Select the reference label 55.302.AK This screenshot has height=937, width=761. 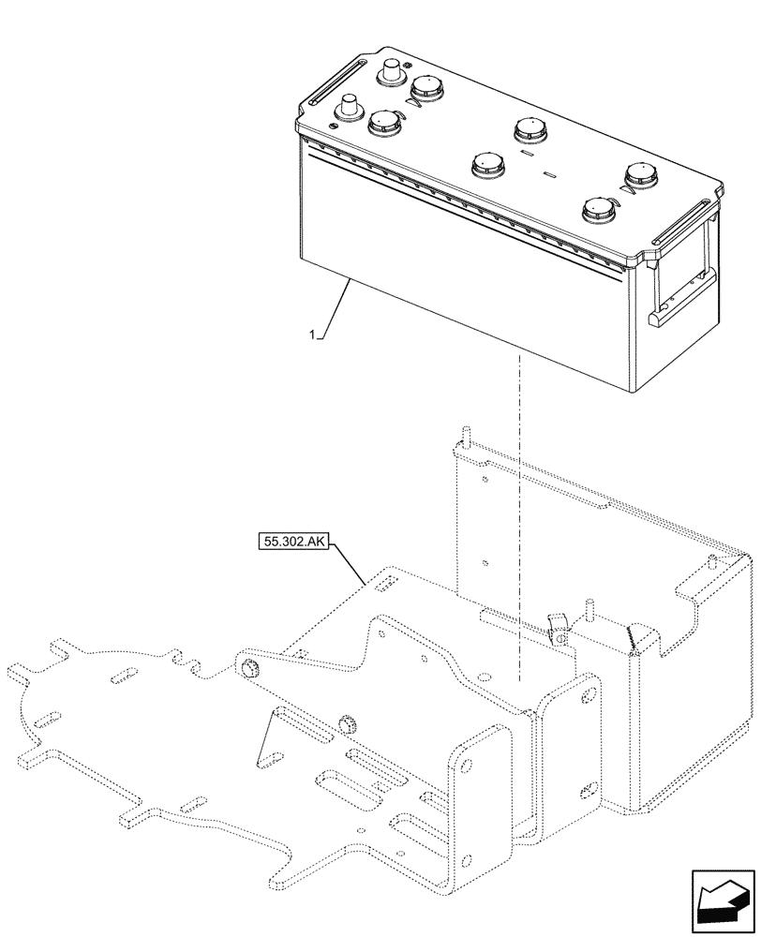(289, 542)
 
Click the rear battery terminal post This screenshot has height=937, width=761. (390, 73)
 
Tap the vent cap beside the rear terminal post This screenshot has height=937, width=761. (426, 89)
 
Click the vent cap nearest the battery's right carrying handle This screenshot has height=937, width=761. (598, 210)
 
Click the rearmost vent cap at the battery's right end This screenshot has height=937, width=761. (641, 173)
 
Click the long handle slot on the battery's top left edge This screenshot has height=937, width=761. (333, 82)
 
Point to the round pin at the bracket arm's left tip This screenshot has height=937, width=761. (250, 667)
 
